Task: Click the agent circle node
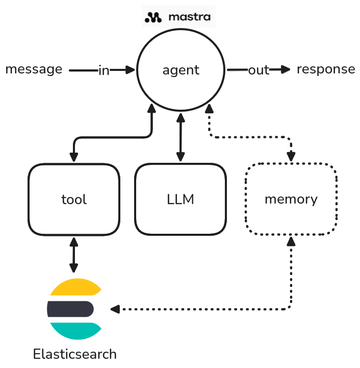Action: (181, 70)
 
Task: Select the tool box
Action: (74, 199)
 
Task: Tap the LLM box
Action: (180, 199)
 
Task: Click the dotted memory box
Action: (291, 199)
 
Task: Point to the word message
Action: (34, 69)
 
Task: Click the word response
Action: (325, 69)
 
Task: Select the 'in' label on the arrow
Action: (104, 70)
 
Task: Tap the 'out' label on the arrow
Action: (258, 70)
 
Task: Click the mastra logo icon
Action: (153, 17)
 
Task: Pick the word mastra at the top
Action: (189, 17)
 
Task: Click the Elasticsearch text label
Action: (74, 354)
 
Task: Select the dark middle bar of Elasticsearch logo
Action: (70, 309)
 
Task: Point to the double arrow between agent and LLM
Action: (180, 138)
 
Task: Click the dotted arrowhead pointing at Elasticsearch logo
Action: (115, 309)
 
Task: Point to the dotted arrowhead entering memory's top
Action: (291, 157)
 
